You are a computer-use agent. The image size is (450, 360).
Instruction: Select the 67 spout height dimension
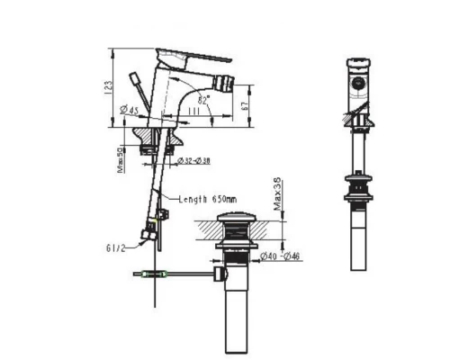click(246, 105)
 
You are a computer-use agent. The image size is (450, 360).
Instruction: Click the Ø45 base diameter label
click(129, 111)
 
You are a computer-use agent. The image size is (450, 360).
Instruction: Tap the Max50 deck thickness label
click(121, 161)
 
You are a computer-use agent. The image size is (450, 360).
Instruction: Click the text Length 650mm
click(207, 199)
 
